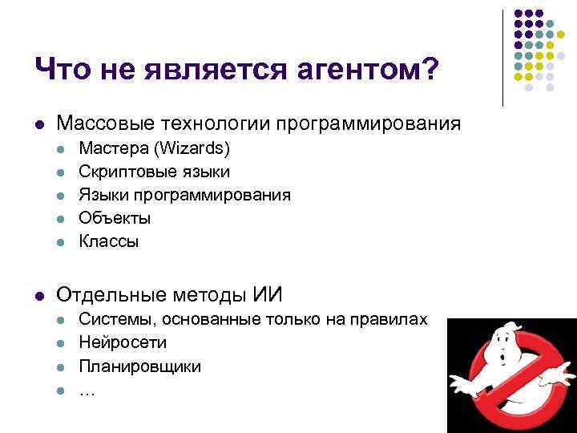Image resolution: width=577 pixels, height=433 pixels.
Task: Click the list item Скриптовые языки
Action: tap(154, 172)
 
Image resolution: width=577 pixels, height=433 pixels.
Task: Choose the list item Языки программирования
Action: tap(184, 195)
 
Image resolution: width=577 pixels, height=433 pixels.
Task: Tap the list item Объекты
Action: tap(114, 218)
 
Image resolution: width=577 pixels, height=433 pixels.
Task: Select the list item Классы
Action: tap(108, 241)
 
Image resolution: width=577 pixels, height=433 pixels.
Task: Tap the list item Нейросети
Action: tap(123, 342)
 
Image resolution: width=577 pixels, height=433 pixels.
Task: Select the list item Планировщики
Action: tap(139, 366)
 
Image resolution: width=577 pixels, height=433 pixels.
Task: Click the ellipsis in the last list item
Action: tap(86, 391)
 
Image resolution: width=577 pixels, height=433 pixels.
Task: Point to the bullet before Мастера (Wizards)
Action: tap(60, 149)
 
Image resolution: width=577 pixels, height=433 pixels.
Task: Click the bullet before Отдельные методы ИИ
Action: tap(38, 295)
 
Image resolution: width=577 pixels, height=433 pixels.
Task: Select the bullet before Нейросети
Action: tap(60, 343)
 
